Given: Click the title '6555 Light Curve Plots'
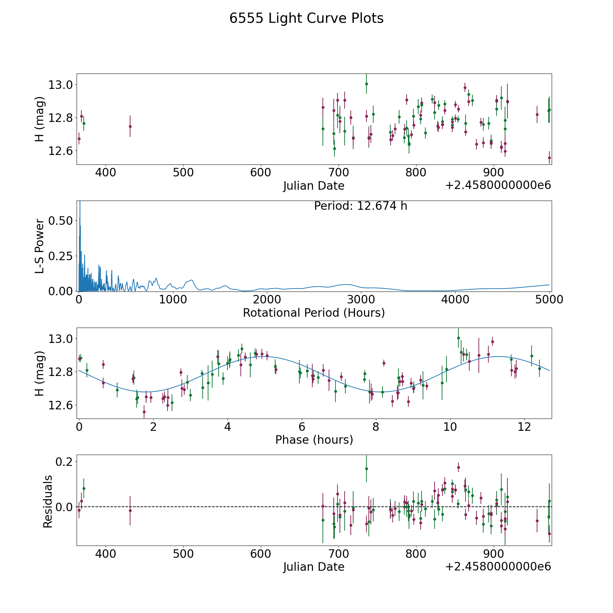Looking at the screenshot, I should pos(306,18).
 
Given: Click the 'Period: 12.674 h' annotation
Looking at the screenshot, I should pos(360,206).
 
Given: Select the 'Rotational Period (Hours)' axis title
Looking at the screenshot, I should pos(314,313).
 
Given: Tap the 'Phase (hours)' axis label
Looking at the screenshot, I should pos(314,440).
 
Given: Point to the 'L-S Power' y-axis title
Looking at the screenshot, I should pos(40,246).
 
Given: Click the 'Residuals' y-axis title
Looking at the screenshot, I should pos(48,501).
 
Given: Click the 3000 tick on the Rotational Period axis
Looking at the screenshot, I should pos(361,299).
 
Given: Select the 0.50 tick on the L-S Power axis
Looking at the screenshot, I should pos(61,221).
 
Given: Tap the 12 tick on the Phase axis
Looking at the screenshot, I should pos(524,427).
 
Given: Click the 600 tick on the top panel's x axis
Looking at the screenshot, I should pos(261,172).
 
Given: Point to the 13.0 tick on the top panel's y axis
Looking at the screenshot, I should pos(60,85).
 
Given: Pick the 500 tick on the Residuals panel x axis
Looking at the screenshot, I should pos(183,553).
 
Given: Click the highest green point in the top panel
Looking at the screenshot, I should pos(366,84).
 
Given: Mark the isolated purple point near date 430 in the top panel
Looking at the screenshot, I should pos(130,126).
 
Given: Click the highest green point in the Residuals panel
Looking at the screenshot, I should pos(366,469).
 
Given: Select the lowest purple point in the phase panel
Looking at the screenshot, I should pos(144,412).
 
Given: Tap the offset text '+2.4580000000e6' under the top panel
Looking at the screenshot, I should pos(498,185).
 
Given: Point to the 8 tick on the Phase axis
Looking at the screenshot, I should pos(376,427).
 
